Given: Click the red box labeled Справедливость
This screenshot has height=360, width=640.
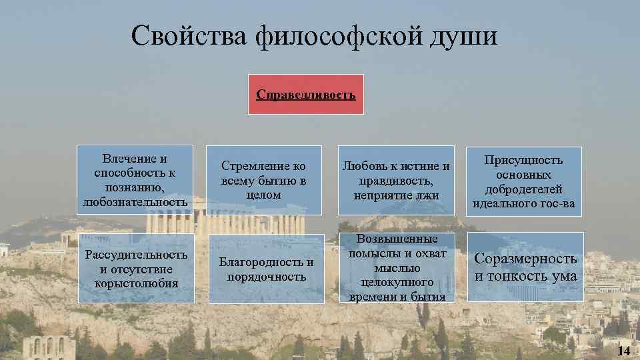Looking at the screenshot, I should tap(306, 95).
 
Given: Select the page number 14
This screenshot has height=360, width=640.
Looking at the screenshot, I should tap(623, 351).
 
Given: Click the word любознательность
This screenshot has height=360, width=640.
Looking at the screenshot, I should tap(135, 201).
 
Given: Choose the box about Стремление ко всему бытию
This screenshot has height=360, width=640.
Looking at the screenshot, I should tap(263, 180).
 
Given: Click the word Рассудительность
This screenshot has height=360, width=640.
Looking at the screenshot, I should tap(135, 255).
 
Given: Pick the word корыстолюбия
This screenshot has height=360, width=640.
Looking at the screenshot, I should tap(135, 283).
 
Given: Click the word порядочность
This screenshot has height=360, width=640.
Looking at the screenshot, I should tap(266, 276).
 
